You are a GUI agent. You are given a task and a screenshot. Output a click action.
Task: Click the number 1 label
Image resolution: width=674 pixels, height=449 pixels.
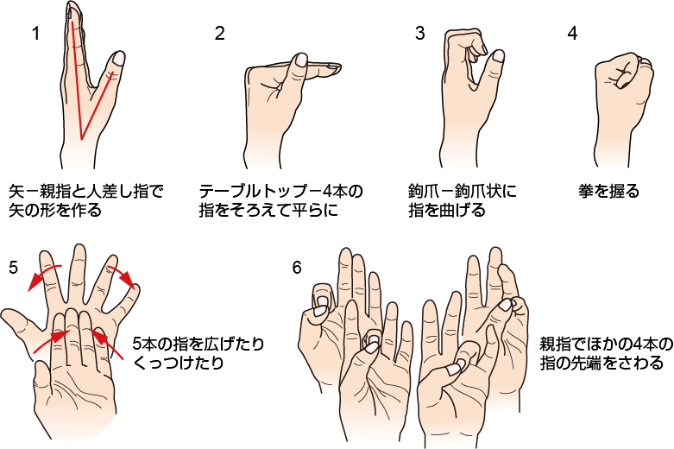(36, 33)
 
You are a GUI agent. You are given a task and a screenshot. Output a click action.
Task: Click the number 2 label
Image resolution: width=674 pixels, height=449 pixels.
(220, 33)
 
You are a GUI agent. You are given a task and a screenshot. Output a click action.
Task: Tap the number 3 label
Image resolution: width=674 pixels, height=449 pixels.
(420, 33)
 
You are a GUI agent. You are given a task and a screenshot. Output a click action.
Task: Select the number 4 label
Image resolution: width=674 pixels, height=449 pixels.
(572, 33)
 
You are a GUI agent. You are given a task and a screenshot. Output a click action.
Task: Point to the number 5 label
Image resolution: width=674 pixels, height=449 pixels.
(13, 268)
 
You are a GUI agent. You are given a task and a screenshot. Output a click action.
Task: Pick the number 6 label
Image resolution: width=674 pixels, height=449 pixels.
(297, 268)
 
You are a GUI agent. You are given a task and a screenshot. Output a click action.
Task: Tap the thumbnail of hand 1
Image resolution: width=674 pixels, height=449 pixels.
(117, 59)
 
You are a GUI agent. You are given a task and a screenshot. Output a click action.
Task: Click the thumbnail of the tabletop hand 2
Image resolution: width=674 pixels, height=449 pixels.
(301, 60)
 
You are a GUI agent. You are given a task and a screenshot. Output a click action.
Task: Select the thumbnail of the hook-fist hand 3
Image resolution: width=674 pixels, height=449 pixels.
(498, 55)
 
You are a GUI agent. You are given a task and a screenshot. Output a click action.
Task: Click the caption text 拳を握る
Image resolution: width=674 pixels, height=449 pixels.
(609, 191)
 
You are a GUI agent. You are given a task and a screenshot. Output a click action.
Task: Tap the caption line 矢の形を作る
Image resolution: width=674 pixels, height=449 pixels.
(55, 211)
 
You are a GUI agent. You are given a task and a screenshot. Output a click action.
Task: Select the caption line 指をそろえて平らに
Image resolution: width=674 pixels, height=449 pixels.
(268, 211)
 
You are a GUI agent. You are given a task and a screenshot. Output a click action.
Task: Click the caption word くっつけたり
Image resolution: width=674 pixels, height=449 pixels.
(179, 363)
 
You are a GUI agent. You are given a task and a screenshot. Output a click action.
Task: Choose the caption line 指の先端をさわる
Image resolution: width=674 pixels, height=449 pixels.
(602, 363)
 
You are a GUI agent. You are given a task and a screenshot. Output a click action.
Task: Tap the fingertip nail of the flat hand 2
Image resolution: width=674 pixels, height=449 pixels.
(332, 66)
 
